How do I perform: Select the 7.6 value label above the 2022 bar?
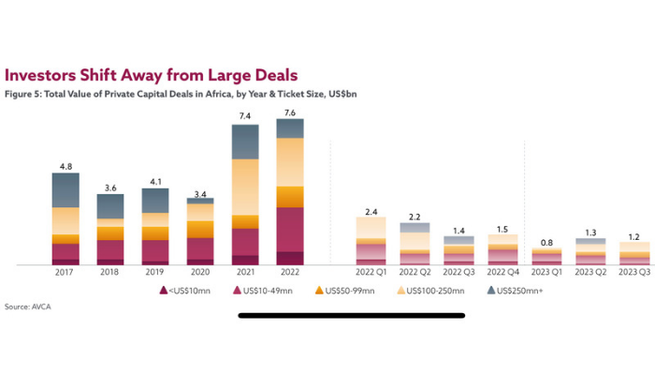tap(289, 112)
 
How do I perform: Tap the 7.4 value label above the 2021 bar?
tap(244, 116)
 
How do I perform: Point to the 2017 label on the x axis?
tap(65, 272)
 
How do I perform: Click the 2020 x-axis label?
tap(199, 272)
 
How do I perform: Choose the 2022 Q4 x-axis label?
tap(503, 272)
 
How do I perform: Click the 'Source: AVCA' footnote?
tap(30, 307)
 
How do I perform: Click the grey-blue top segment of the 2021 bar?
tap(244, 141)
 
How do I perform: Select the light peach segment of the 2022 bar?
tap(289, 161)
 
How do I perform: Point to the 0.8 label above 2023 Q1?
tap(546, 242)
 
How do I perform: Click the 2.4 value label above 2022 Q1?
tap(371, 211)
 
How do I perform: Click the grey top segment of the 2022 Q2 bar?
tap(415, 227)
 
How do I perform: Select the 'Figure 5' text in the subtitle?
tap(25, 95)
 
